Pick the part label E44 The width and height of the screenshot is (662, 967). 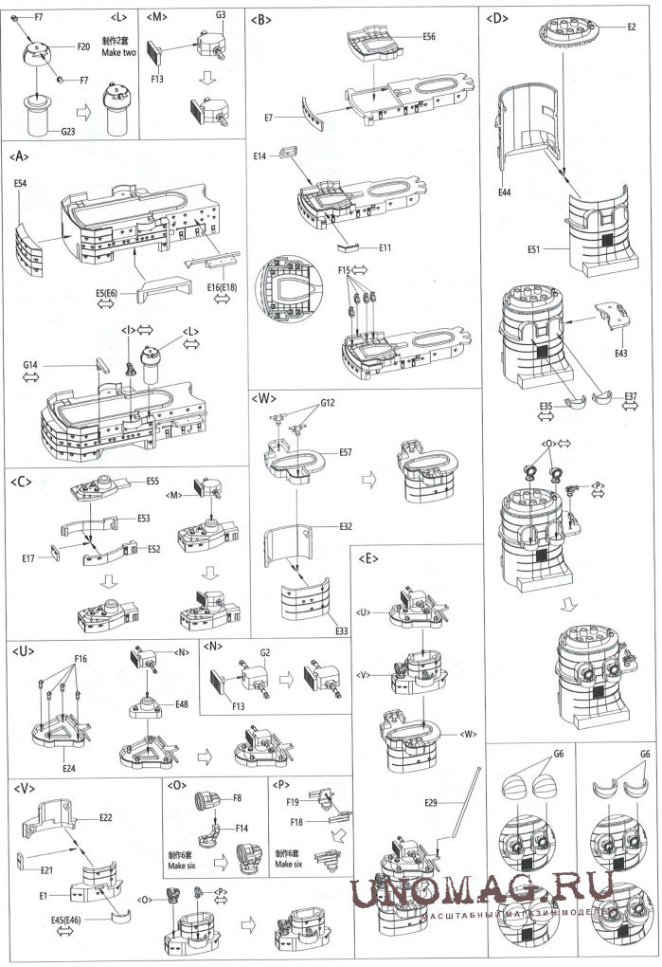click(507, 192)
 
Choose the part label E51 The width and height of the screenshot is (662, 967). click(541, 250)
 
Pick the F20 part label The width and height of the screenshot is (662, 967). click(82, 46)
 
